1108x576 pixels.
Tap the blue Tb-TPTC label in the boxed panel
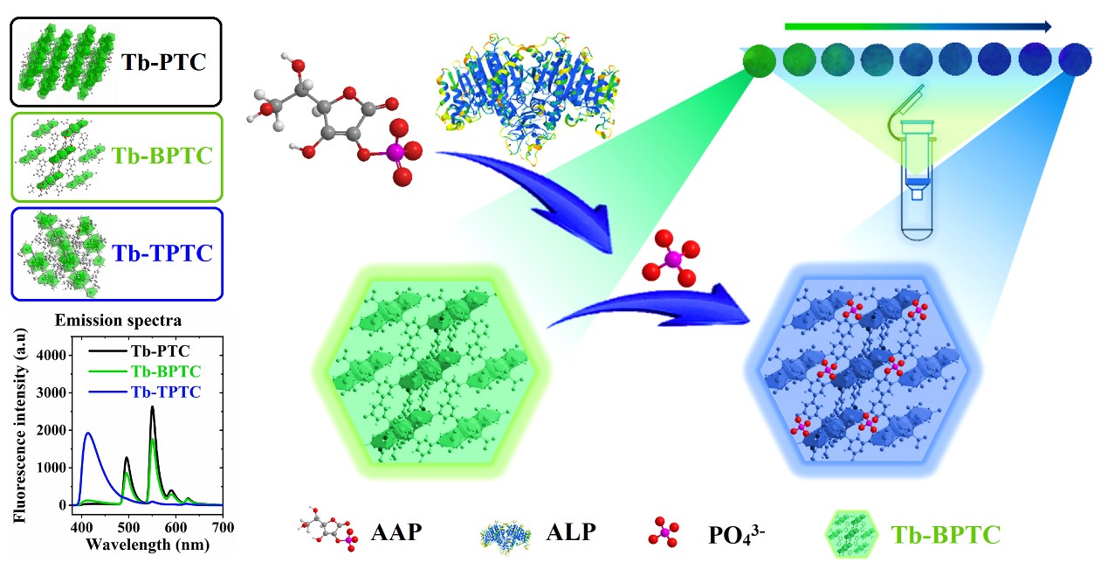click(162, 253)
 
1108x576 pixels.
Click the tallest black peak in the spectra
click(152, 407)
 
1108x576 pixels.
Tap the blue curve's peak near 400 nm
click(88, 434)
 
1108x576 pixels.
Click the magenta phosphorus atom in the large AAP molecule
click(394, 152)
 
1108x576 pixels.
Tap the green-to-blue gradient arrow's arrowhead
click(1044, 26)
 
